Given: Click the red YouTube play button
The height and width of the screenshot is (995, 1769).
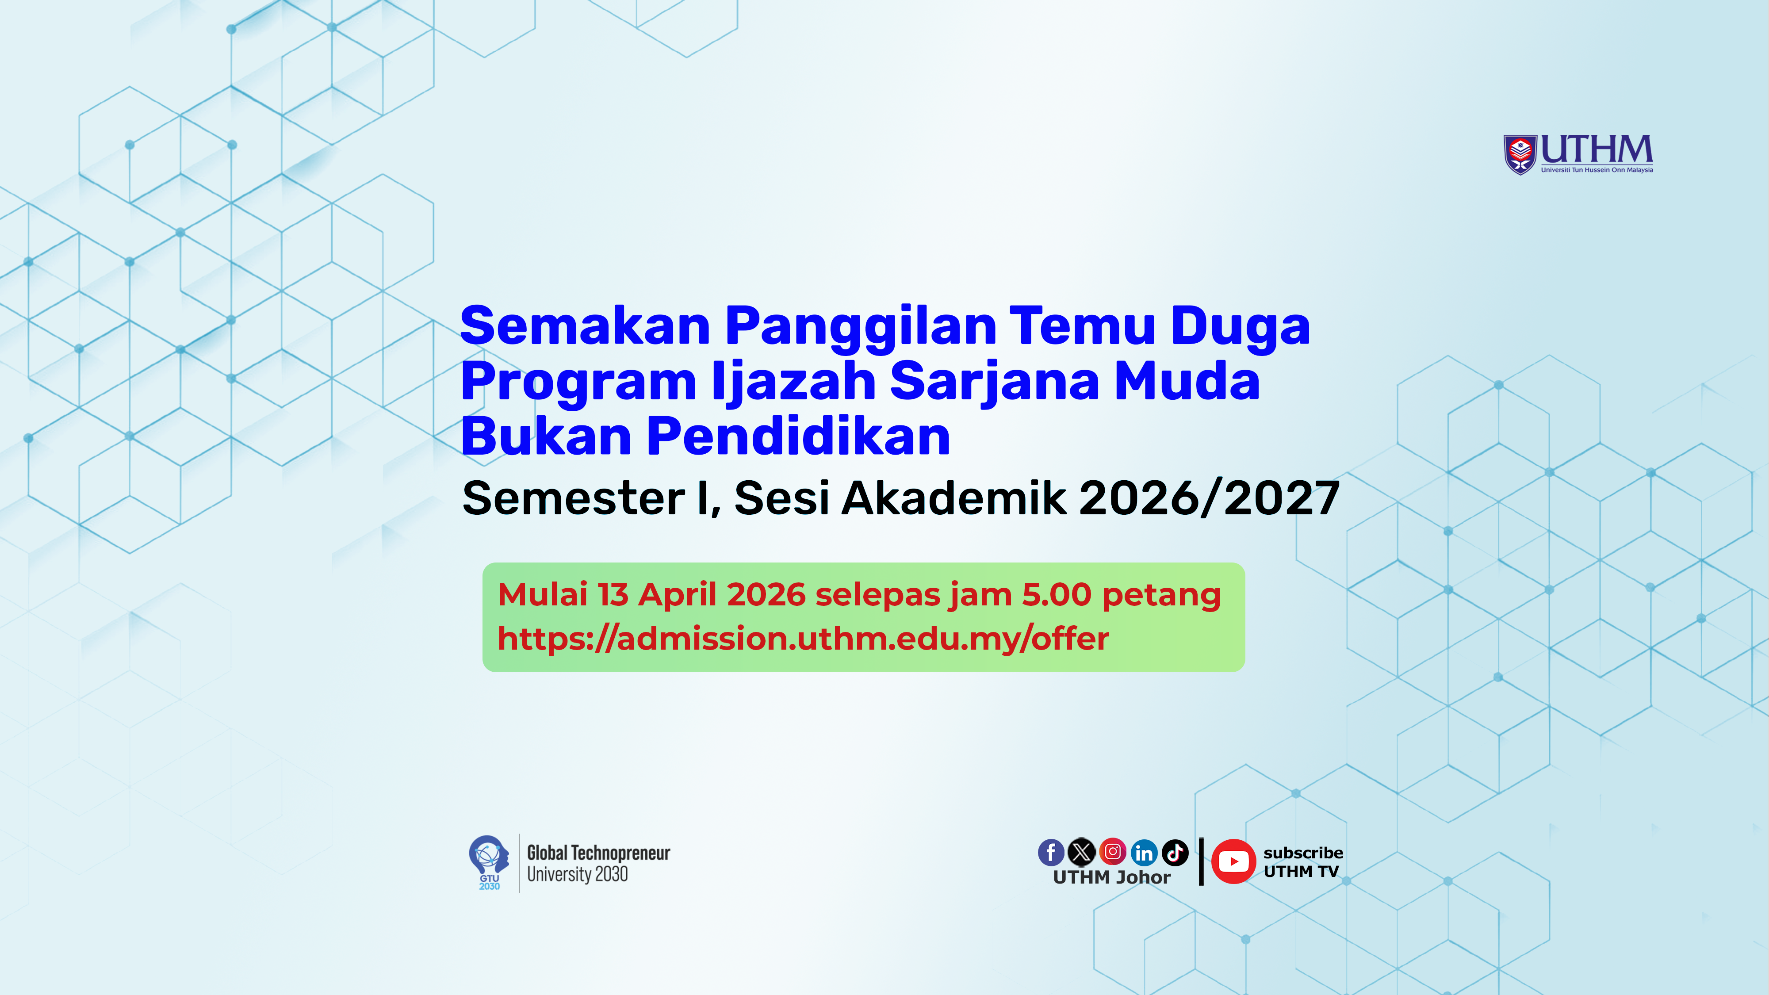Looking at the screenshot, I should point(1233,861).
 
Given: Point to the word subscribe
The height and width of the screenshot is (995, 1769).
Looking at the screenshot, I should point(1303,853).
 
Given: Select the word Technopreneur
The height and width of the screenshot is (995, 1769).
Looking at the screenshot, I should point(621,853).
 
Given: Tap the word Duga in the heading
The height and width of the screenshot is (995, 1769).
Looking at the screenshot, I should point(1240,326).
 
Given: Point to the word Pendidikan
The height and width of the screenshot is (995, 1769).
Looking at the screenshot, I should point(799,437).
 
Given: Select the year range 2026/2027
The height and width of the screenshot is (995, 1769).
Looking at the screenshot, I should point(1209,498).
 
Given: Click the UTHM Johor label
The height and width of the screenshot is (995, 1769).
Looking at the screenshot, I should point(1111,877).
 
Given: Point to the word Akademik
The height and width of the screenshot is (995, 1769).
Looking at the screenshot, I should point(954,498).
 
